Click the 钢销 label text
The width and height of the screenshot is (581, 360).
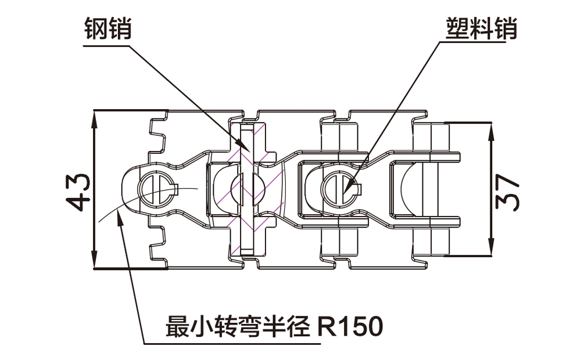[x=108, y=28]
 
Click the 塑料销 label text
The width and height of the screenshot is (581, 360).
[x=481, y=28]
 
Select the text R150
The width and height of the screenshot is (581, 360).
[x=350, y=327]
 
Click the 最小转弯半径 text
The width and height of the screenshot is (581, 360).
[x=238, y=327]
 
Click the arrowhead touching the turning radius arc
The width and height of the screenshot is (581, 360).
[x=119, y=217]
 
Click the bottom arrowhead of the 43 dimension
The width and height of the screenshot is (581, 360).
[x=94, y=258]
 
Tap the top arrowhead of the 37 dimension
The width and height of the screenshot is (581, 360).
[x=492, y=131]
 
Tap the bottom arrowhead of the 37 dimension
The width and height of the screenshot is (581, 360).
[x=492, y=246]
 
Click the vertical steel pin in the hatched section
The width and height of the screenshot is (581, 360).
[x=246, y=189]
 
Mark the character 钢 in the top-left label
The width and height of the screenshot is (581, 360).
[x=96, y=28]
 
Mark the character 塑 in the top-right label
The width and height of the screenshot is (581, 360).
[x=457, y=28]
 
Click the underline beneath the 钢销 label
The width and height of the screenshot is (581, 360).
[x=106, y=46]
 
